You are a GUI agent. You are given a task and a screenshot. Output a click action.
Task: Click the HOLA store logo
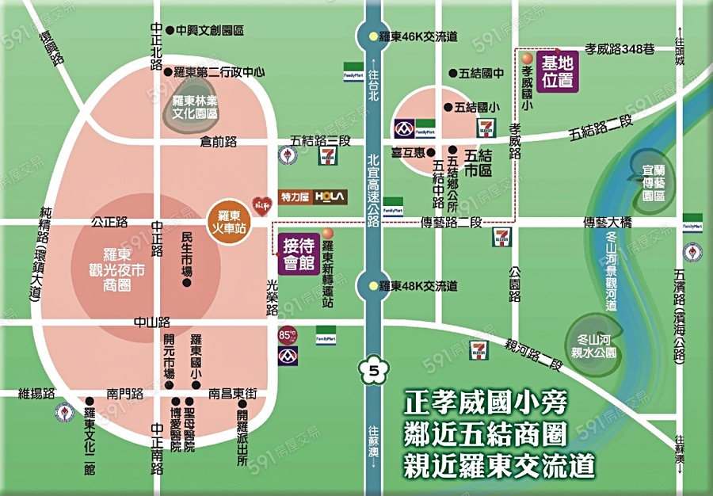point(330,196)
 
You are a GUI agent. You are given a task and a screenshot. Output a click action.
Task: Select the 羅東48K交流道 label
point(418,285)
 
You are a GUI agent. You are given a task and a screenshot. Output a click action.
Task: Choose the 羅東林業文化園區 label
point(195,107)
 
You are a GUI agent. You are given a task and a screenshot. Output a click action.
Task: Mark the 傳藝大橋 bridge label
point(607,223)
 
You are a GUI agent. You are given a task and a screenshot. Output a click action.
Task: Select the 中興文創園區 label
point(209,30)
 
